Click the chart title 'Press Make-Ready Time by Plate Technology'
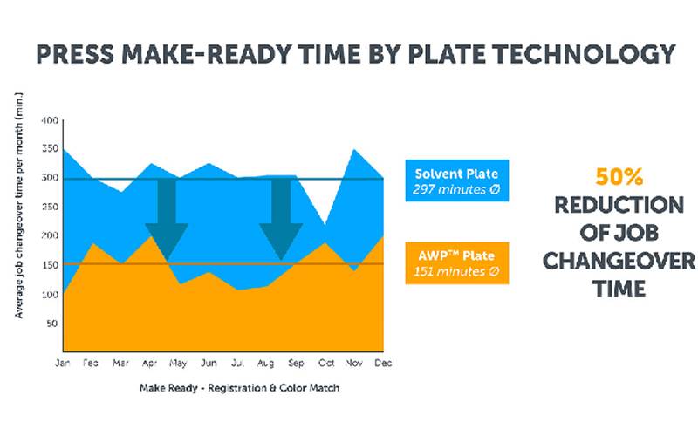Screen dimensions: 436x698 [354, 54]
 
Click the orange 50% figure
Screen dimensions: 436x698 [619, 178]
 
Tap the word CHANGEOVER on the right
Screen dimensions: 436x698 [619, 261]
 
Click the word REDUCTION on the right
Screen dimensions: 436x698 [619, 206]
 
